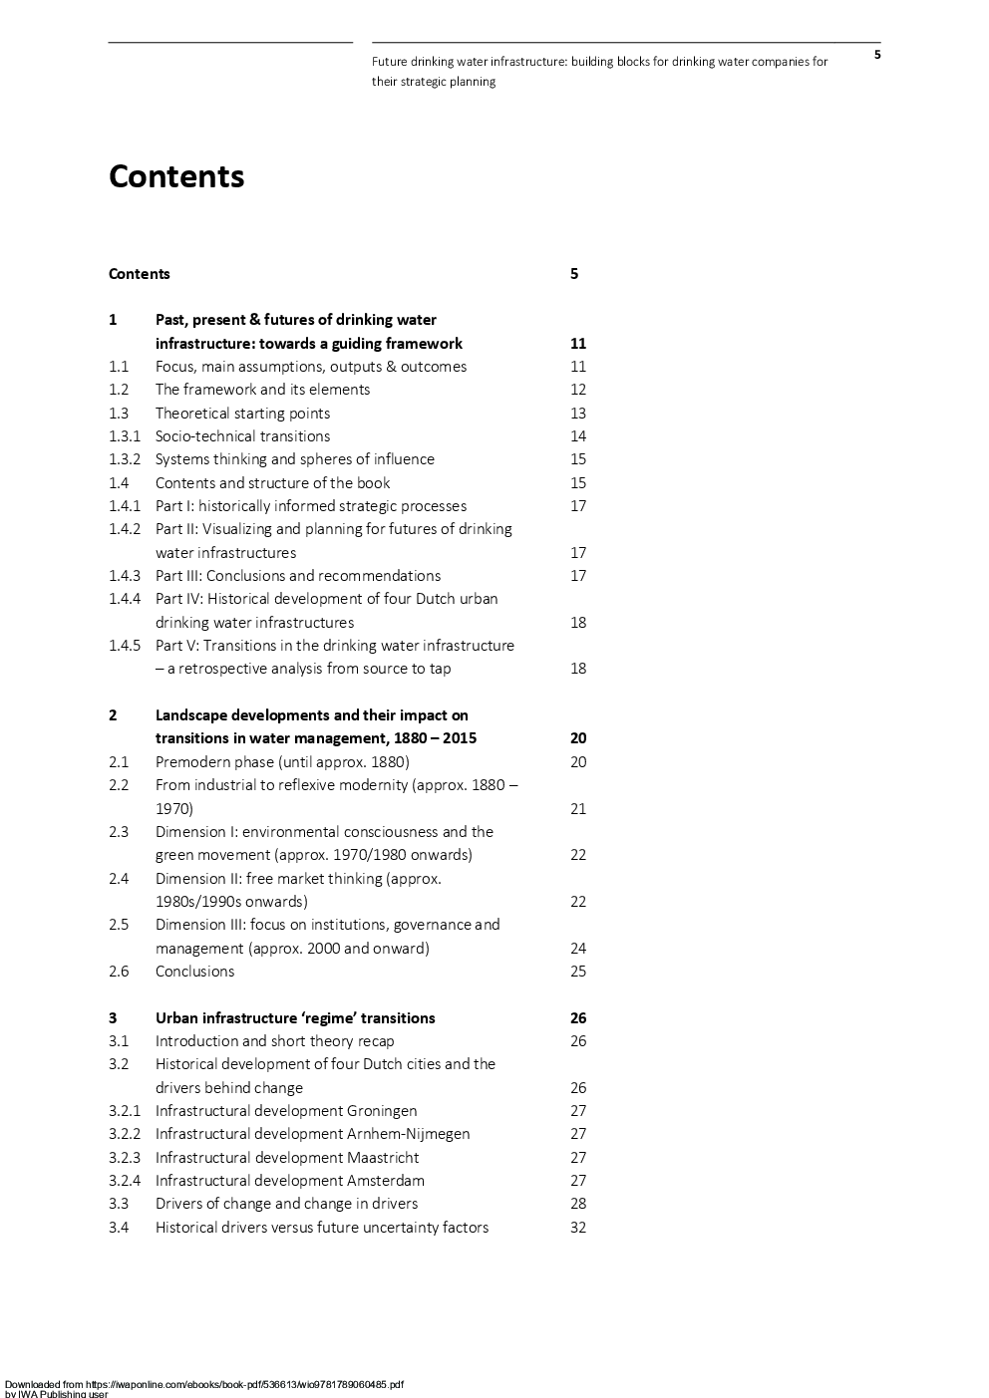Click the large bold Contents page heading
click(x=176, y=176)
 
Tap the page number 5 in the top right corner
click(x=877, y=55)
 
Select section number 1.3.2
click(x=125, y=459)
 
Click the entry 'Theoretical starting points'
click(x=242, y=414)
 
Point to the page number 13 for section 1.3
click(x=578, y=414)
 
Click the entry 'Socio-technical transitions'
click(x=242, y=436)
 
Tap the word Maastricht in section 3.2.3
click(x=383, y=1158)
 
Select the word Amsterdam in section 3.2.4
click(x=386, y=1181)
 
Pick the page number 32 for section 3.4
click(x=578, y=1228)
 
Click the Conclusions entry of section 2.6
click(x=194, y=972)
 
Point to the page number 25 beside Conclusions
click(x=578, y=972)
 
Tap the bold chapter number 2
click(x=113, y=715)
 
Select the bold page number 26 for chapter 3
click(x=578, y=1018)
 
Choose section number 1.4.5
click(x=125, y=646)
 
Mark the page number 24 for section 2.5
click(x=578, y=949)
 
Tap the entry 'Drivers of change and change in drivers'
click(x=286, y=1204)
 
